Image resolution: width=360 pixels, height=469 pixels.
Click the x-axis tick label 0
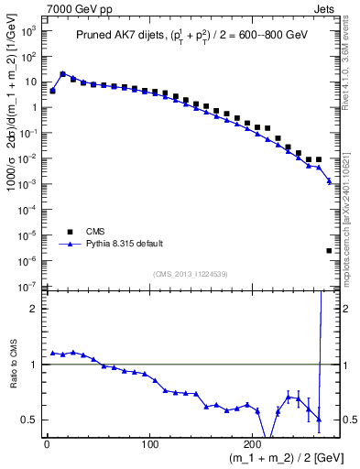(47, 444)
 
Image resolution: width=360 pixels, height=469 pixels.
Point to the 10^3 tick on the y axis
(28, 30)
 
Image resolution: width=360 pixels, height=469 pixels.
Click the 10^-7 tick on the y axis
(28, 288)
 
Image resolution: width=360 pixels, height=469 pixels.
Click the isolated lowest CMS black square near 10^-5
(329, 250)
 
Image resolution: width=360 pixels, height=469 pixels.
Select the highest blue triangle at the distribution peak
(62, 73)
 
